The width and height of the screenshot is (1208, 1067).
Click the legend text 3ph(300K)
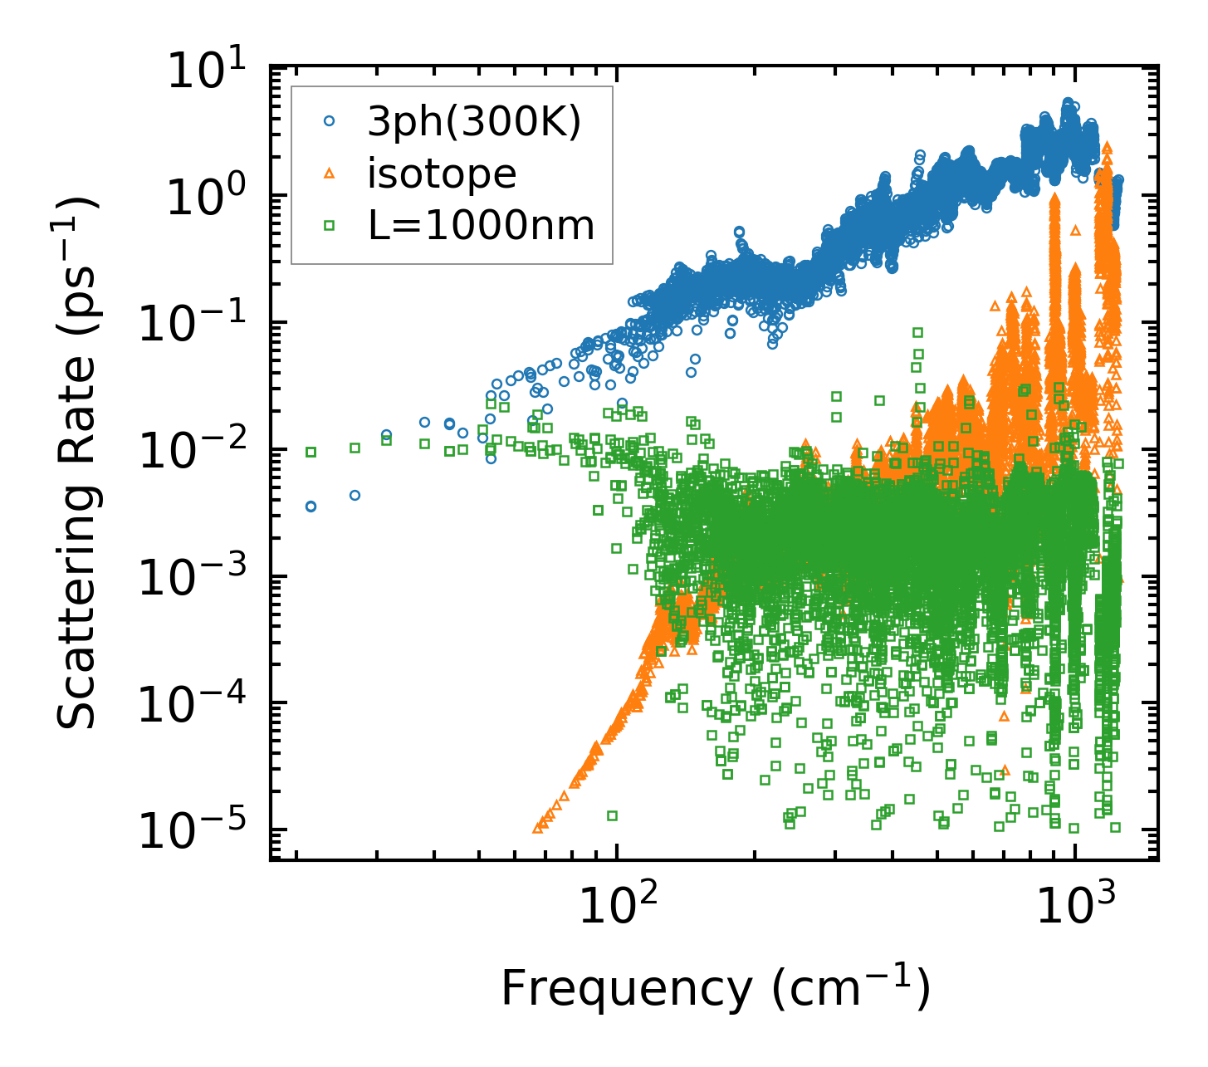474,123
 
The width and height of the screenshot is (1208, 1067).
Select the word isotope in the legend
443,174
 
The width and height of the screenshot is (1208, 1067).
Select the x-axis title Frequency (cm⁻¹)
714,990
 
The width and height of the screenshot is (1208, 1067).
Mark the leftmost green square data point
311,452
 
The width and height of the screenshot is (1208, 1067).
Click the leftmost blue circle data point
311,507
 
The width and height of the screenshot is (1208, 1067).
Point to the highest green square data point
917,332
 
